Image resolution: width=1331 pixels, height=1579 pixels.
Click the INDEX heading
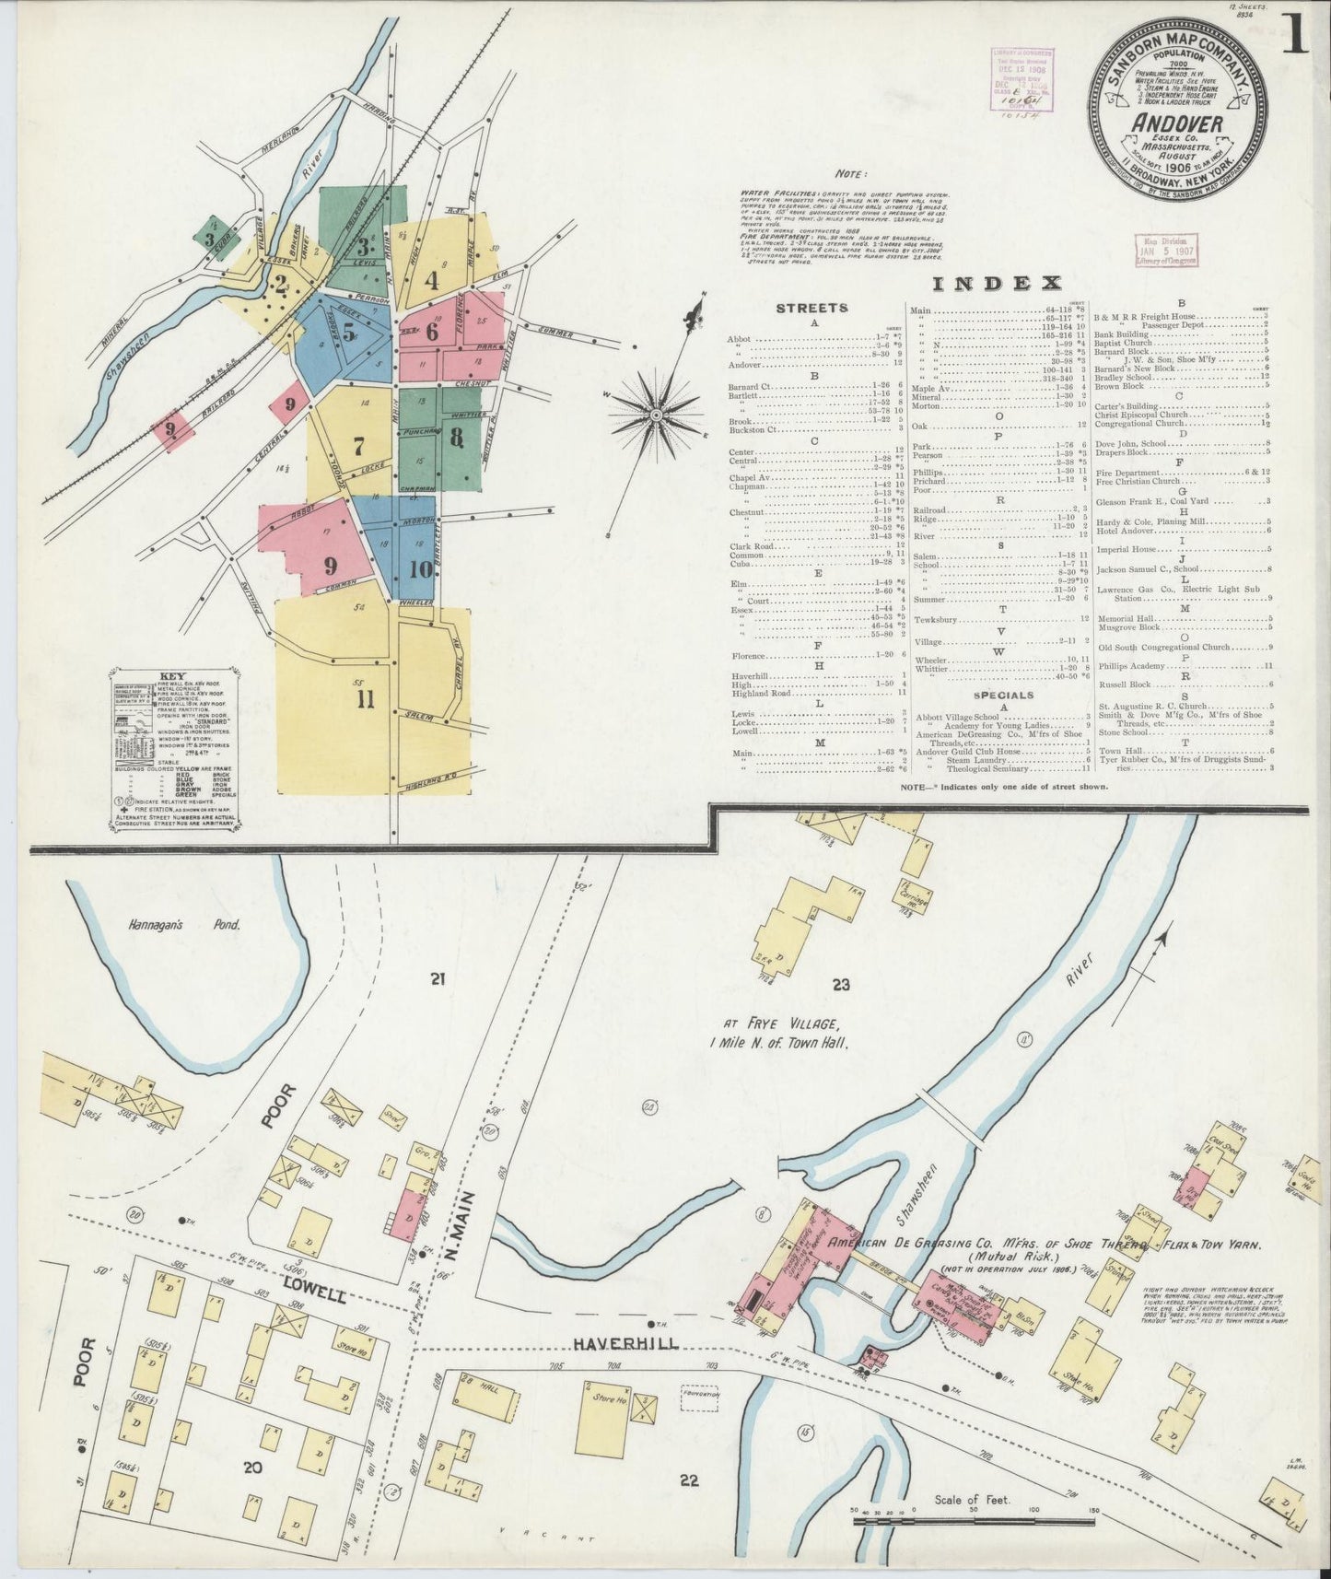tap(998, 283)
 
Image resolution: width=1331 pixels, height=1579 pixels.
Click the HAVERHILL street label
tap(625, 1344)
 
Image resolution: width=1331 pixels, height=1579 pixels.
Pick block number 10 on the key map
tap(420, 568)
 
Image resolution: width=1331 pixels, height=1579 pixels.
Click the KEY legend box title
tap(171, 674)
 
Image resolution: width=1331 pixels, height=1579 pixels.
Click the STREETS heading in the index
tap(811, 308)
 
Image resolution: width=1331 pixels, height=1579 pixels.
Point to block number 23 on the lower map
tap(839, 985)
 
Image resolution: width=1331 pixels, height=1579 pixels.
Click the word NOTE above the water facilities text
tap(848, 172)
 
